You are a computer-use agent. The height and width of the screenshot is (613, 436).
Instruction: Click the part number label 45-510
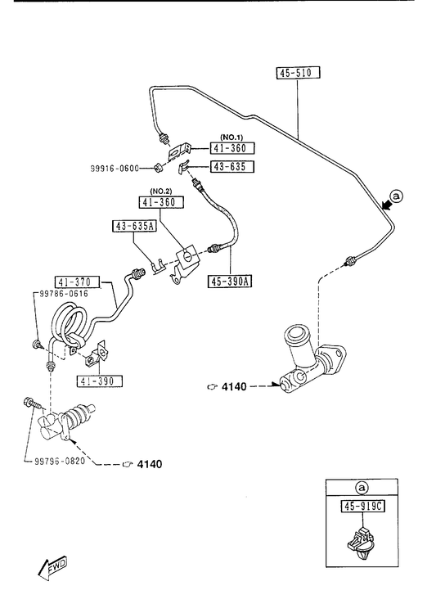click(x=298, y=73)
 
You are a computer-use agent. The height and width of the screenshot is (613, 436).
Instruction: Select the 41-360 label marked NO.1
click(x=232, y=148)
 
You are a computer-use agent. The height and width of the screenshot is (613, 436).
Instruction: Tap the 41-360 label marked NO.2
click(x=161, y=202)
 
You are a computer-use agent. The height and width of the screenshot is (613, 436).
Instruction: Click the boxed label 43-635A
click(x=135, y=226)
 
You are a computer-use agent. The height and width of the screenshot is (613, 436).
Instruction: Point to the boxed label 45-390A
click(x=230, y=281)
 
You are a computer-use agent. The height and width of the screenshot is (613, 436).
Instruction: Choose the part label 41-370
click(x=78, y=282)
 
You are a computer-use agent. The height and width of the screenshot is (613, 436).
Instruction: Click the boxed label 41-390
click(x=99, y=381)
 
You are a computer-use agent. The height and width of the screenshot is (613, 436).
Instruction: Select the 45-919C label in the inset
click(x=363, y=507)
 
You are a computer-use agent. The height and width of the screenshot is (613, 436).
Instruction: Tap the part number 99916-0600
click(x=115, y=169)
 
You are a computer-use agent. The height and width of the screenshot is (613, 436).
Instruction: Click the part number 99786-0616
click(x=64, y=294)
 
